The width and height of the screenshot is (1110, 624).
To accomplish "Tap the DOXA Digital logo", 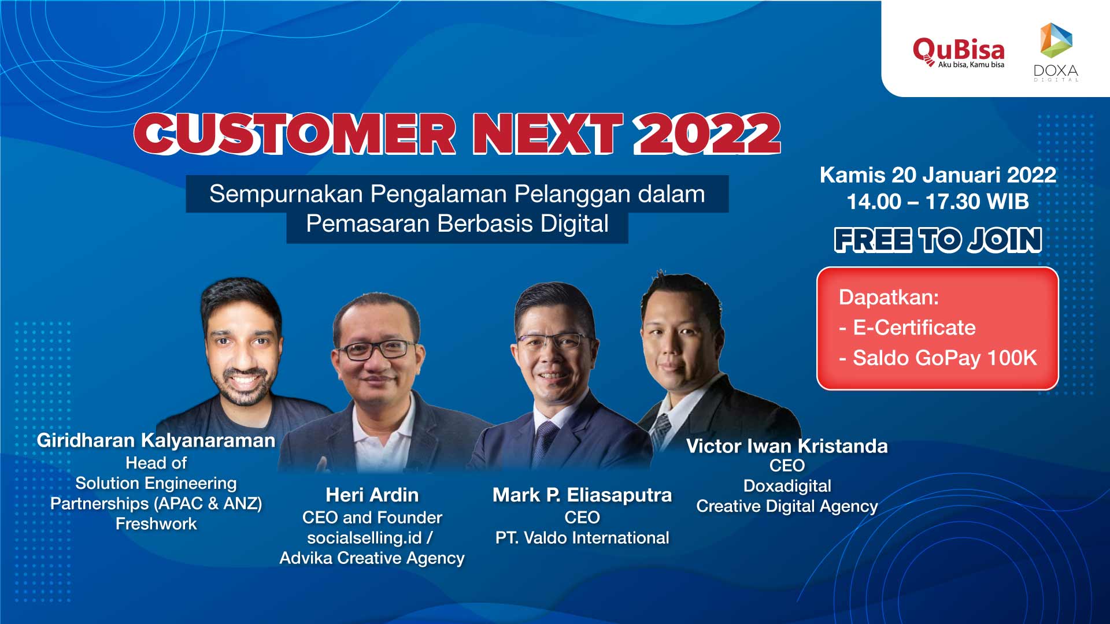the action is (1056, 52).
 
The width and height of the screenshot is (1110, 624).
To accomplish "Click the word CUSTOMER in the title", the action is (295, 133).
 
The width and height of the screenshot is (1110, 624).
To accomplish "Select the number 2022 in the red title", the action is (707, 133).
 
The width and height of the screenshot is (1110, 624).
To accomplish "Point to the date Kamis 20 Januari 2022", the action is (938, 174).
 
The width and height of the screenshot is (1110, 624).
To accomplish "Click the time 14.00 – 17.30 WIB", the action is (938, 202).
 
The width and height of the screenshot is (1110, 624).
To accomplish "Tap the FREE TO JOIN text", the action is (938, 240).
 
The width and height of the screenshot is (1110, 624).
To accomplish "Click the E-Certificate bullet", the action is (908, 328).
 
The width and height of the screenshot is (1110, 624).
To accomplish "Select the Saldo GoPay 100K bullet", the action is (938, 358).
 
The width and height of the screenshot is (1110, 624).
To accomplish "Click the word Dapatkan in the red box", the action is (889, 298).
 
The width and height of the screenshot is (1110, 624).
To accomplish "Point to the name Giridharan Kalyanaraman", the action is (156, 440).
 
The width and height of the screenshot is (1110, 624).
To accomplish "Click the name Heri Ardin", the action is (372, 495).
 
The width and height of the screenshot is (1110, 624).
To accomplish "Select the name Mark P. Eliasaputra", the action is (582, 495).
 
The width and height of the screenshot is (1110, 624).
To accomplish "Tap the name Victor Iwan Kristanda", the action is (787, 445).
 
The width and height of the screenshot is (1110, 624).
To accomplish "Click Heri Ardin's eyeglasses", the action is (376, 349).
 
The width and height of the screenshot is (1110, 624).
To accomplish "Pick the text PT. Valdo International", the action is (582, 538).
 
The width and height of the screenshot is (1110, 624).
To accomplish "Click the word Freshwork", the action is (156, 524).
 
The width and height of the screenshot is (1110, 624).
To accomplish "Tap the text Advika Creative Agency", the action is (372, 558).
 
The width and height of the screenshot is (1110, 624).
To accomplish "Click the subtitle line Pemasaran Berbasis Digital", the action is (457, 224).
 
